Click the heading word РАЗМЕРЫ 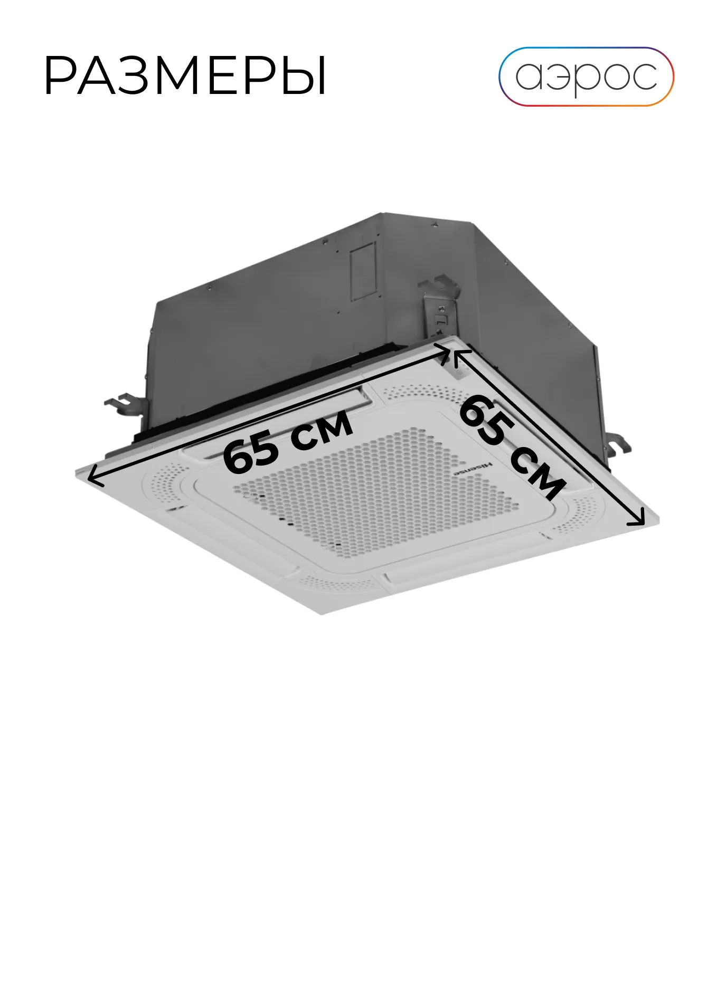[185, 76]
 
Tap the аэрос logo [586, 77]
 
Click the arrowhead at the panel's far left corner [95, 474]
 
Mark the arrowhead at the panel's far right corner [637, 517]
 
